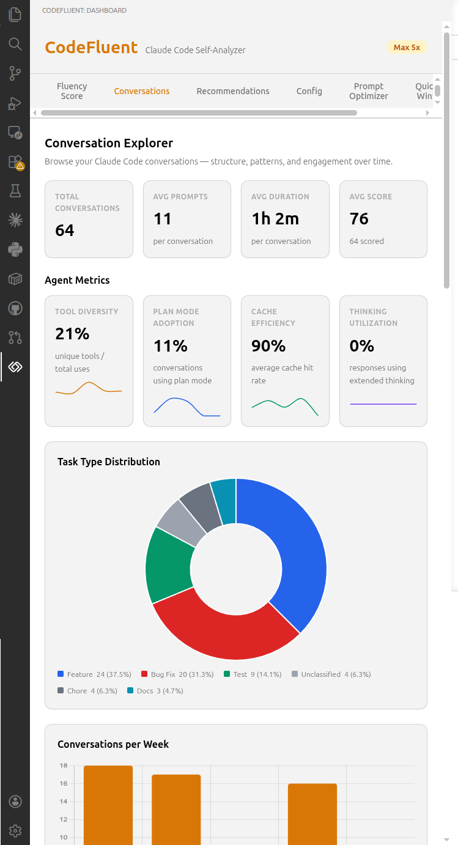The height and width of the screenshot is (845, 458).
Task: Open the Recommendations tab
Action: (x=233, y=91)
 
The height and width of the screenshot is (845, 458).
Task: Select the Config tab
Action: (x=309, y=91)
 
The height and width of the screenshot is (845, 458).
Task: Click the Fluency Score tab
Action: (x=72, y=91)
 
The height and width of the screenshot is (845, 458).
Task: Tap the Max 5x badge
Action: (x=407, y=47)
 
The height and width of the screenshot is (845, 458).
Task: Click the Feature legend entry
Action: (x=94, y=674)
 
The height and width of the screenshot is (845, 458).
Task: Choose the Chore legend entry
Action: (x=87, y=691)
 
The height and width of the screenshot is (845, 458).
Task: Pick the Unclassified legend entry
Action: (x=331, y=674)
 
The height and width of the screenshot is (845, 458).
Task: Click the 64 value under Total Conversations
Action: (x=65, y=230)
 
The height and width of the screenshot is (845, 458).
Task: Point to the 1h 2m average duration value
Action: (x=275, y=219)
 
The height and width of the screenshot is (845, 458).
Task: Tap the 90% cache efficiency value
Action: (x=268, y=346)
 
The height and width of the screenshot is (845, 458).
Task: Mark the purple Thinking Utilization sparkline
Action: (x=383, y=404)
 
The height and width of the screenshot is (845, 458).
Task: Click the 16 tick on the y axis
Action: (x=64, y=783)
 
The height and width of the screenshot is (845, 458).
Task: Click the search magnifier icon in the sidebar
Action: (x=15, y=44)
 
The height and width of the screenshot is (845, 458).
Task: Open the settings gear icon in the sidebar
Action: (x=15, y=831)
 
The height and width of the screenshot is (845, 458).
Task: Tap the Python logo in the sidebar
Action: (x=15, y=249)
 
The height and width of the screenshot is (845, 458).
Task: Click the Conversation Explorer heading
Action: (x=109, y=143)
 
